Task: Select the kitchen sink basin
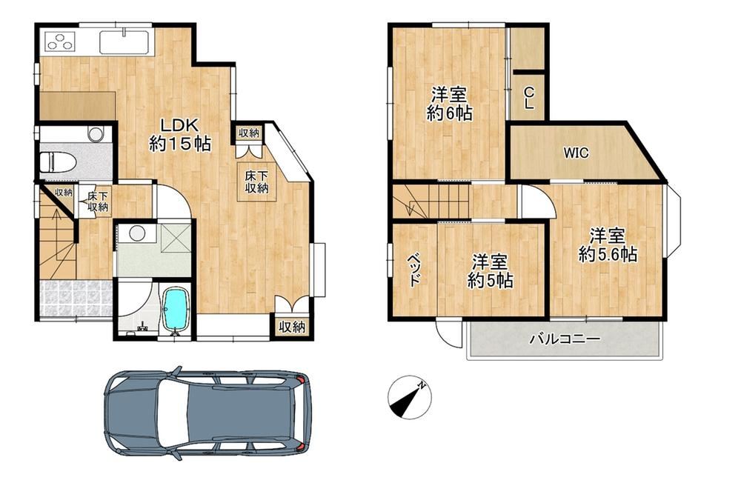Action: point(124,42)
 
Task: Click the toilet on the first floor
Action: point(59,161)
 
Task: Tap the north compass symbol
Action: point(409,397)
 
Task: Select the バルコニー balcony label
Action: point(565,339)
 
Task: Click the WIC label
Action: point(576,153)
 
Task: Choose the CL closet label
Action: point(529,97)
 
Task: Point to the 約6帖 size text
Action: point(449,113)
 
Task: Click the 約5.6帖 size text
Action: point(608,255)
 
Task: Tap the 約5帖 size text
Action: point(491,280)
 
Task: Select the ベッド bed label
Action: point(414,270)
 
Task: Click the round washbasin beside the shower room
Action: point(138,233)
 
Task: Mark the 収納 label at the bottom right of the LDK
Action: point(291,327)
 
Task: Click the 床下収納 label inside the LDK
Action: point(256,182)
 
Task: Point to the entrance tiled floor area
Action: point(76,299)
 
